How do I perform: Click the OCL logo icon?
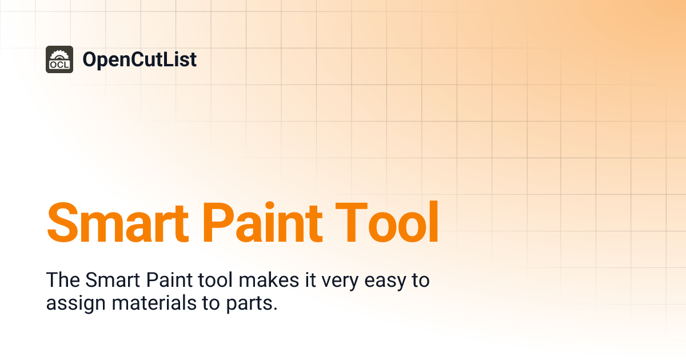pos(59,59)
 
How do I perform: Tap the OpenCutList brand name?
pos(139,59)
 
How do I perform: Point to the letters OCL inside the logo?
pos(59,65)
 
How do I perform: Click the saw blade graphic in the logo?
pos(59,55)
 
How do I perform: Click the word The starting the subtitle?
pos(63,281)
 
